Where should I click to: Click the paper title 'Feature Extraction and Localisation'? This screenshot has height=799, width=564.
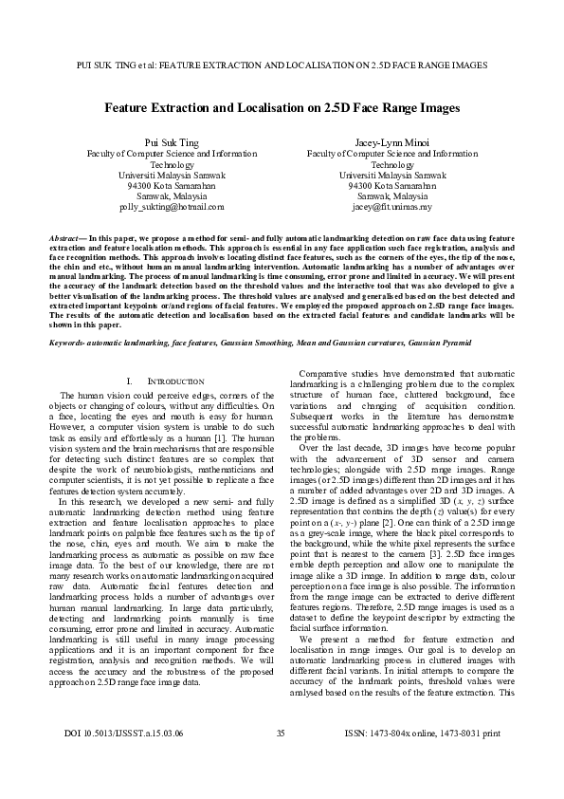pos(282,108)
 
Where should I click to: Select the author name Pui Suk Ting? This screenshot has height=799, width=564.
pos(172,141)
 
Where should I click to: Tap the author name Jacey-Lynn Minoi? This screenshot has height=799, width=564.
pos(391,141)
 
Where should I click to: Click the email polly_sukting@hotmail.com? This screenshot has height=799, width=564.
pos(172,206)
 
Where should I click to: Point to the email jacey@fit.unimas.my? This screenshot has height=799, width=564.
pos(391,206)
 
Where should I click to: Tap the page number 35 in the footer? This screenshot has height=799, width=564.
pos(281,760)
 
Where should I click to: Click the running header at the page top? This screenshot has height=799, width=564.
pos(282,66)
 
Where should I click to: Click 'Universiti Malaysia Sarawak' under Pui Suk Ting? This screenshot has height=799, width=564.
pos(172,175)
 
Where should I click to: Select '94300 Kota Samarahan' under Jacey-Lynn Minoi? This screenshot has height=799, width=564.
pos(391,185)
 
